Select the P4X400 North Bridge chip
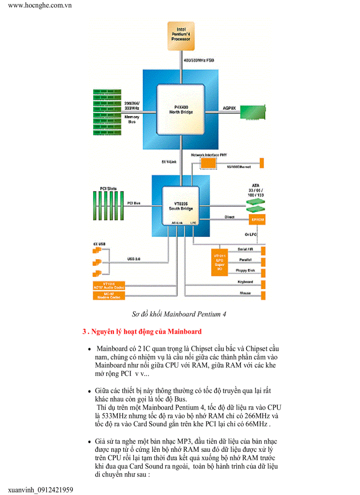pyautogui.click(x=181, y=109)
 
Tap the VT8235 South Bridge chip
pyautogui.click(x=181, y=205)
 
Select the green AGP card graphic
pyautogui.click(x=253, y=112)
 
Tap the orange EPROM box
pyautogui.click(x=256, y=219)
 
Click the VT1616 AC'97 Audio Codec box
pyautogui.click(x=109, y=286)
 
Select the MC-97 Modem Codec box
pyautogui.click(x=109, y=296)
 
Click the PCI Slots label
pyautogui.click(x=108, y=189)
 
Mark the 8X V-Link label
pyautogui.click(x=169, y=162)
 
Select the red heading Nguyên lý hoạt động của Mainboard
pyautogui.click(x=142, y=331)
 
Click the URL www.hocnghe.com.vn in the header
pyautogui.click(x=40, y=5)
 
